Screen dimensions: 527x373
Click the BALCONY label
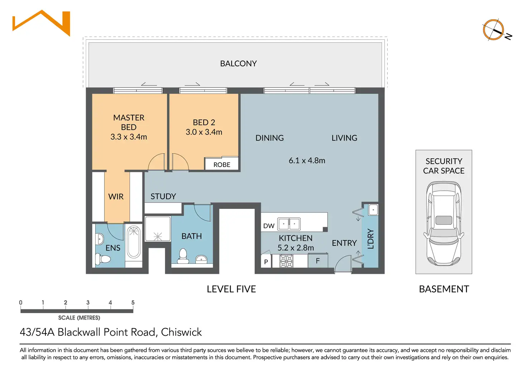point(238,63)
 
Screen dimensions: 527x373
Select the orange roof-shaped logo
point(42,23)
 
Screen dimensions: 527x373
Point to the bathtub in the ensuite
point(134,242)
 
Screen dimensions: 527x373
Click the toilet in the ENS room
point(103,259)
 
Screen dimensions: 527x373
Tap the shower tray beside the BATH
point(158,229)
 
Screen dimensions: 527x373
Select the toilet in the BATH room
point(183,256)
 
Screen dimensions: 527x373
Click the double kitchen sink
point(289,224)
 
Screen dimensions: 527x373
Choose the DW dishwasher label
point(269,226)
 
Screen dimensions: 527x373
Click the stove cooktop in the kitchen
point(286,261)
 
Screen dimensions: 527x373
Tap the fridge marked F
point(318,260)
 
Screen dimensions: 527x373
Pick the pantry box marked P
point(266,261)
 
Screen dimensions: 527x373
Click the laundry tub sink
point(373,210)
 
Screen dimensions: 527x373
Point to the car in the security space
point(444,223)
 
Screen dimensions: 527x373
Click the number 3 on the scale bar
point(88,302)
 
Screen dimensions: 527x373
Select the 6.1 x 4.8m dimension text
point(307,161)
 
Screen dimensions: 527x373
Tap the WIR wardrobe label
point(116,196)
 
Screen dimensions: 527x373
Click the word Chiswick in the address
point(181,332)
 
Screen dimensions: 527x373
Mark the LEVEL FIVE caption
point(231,289)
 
